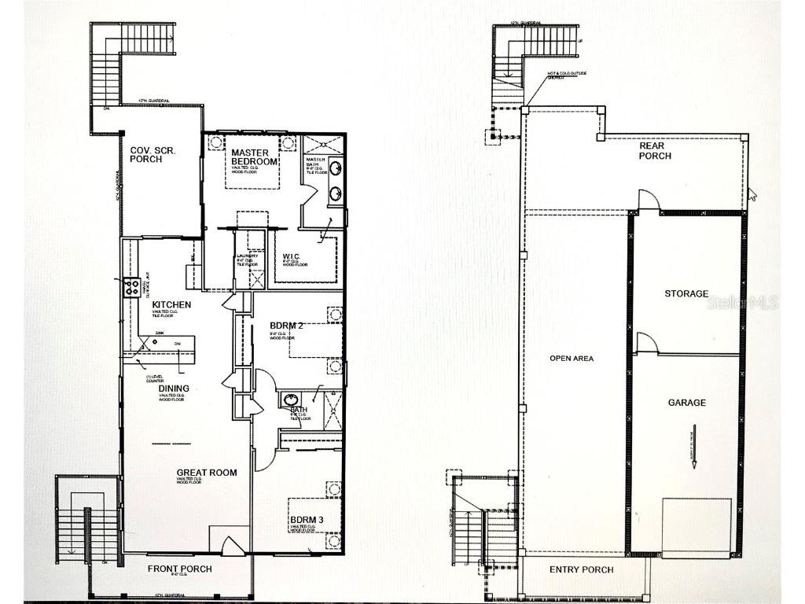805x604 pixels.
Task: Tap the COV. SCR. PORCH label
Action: click(x=146, y=154)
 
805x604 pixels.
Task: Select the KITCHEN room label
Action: click(x=172, y=304)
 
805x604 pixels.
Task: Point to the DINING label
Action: click(x=174, y=389)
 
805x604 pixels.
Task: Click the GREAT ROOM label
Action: click(x=207, y=473)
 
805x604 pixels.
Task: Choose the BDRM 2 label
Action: click(x=286, y=325)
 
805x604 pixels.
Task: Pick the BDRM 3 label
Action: click(x=306, y=521)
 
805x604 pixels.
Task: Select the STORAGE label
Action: click(x=686, y=293)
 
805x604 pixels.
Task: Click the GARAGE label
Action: click(x=686, y=403)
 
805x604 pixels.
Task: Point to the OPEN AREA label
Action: click(x=572, y=358)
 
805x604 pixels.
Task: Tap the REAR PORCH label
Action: click(x=655, y=150)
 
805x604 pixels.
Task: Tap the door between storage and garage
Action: click(x=646, y=342)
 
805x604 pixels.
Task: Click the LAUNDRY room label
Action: click(x=246, y=259)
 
